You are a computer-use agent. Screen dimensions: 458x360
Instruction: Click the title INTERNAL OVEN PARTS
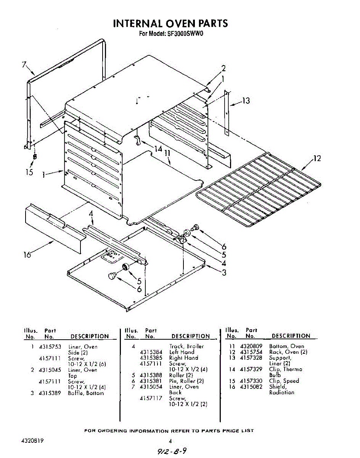click(x=170, y=24)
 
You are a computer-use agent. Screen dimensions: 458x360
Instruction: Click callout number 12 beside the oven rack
click(x=317, y=158)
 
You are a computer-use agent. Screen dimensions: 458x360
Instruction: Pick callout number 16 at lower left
click(x=27, y=255)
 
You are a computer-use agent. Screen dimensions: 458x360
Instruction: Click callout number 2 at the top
click(x=223, y=69)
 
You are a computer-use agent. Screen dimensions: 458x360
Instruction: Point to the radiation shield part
click(x=53, y=229)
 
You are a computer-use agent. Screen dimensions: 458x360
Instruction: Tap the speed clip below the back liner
click(x=35, y=156)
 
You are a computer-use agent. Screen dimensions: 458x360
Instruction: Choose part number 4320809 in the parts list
click(x=251, y=346)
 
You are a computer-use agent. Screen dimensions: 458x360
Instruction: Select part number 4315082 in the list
click(x=251, y=387)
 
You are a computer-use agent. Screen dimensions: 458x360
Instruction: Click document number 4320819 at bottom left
click(x=32, y=440)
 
